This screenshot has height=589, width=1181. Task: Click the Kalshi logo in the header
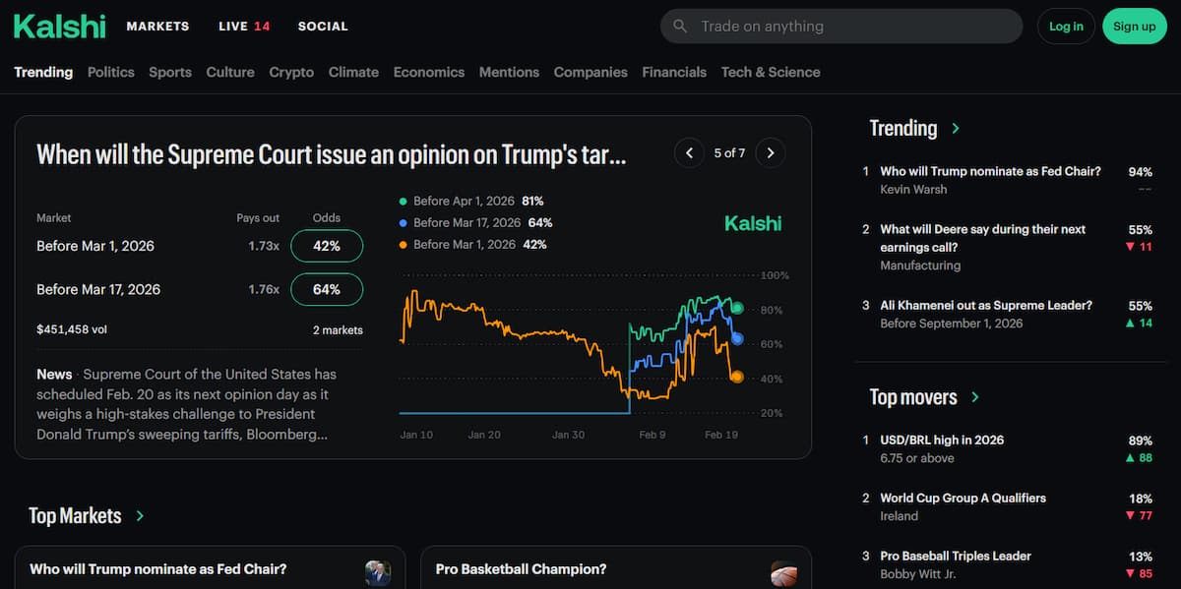tap(59, 27)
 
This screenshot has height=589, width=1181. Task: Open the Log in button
tap(1066, 27)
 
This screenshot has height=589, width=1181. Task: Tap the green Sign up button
tap(1135, 27)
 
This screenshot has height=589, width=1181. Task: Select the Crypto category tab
tap(291, 72)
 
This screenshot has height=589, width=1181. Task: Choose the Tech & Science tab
tap(770, 72)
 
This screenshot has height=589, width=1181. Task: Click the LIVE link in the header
tap(243, 27)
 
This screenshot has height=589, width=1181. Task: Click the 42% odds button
tap(327, 247)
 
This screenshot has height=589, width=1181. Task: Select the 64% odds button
tap(327, 290)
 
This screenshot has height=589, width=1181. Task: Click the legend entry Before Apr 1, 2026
tap(464, 201)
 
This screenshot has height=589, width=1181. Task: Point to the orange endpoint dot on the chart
tap(736, 377)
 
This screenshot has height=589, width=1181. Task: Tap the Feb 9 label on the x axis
tap(653, 435)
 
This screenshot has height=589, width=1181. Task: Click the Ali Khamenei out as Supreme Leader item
tap(985, 306)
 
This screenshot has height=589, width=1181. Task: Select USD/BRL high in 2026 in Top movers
tap(942, 441)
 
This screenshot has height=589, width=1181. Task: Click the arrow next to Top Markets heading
tap(140, 516)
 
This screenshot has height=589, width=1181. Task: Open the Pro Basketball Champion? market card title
tap(521, 569)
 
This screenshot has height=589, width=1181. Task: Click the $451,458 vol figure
tap(72, 330)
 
